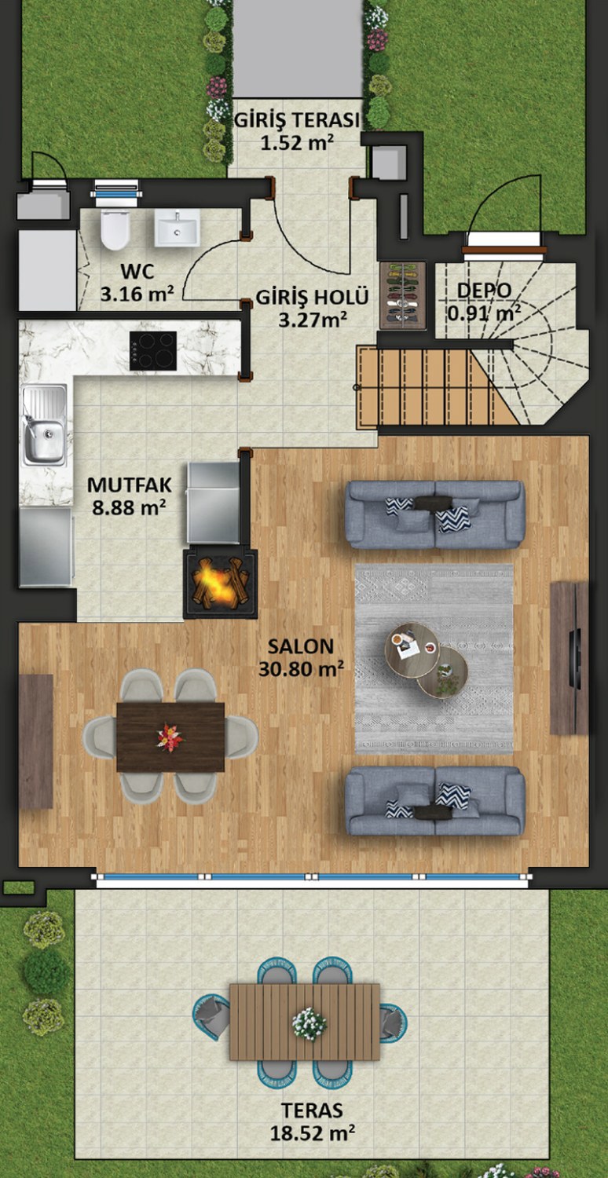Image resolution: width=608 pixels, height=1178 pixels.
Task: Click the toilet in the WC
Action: pos(115,229)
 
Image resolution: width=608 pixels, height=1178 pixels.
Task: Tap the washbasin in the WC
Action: pos(177,228)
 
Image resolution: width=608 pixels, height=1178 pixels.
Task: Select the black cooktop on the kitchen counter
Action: pos(153,351)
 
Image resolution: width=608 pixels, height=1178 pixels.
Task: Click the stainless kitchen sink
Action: pos(44,425)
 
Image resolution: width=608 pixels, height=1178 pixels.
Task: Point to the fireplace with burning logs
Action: pos(221,584)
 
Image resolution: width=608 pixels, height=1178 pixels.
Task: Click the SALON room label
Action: pos(301,646)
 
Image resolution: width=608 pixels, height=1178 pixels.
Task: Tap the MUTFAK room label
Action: pos(130,485)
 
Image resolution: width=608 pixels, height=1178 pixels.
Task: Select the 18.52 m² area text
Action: pos(312,1132)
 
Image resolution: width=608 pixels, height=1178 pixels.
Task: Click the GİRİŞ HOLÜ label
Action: pos(312,297)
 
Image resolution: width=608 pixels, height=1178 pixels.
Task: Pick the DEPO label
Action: pos(484,291)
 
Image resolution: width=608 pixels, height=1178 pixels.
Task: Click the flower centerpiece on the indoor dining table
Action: pos(170,737)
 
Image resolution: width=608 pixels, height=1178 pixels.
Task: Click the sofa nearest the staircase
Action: pos(435,515)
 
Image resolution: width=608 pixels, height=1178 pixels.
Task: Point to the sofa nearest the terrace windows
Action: pos(435,800)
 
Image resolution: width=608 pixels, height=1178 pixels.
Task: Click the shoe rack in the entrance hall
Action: pos(403,295)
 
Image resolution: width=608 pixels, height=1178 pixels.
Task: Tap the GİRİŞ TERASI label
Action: pos(297,120)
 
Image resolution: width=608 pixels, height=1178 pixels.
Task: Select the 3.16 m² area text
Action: pos(137,294)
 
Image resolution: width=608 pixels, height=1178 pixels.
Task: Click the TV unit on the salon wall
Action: pos(569,658)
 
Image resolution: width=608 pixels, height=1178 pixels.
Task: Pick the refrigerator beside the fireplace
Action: pos(214,503)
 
